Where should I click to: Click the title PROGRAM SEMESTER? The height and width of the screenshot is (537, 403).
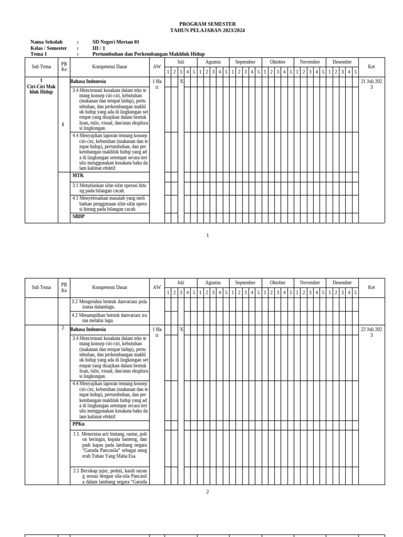pyautogui.click(x=207, y=24)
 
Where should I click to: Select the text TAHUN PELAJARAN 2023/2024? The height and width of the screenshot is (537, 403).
pyautogui.click(x=207, y=30)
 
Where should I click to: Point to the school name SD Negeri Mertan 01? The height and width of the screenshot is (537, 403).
pyautogui.click(x=116, y=42)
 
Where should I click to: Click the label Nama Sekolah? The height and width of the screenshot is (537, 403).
pyautogui.click(x=46, y=42)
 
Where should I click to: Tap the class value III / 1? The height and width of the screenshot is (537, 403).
pyautogui.click(x=99, y=48)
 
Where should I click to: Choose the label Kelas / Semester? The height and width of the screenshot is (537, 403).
pyautogui.click(x=49, y=48)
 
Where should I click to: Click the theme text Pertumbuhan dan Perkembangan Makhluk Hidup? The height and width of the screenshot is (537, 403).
pyautogui.click(x=149, y=54)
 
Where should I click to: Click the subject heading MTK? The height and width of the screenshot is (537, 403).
pyautogui.click(x=78, y=176)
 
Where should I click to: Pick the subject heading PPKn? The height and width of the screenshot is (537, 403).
pyautogui.click(x=79, y=424)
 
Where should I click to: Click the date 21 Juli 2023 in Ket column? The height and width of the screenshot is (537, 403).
pyautogui.click(x=371, y=84)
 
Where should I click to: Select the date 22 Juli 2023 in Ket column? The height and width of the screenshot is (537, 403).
pyautogui.click(x=371, y=332)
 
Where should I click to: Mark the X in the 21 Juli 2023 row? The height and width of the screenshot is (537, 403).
pyautogui.click(x=181, y=81)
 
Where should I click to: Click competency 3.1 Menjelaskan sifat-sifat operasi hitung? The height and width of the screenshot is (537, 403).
pyautogui.click(x=110, y=188)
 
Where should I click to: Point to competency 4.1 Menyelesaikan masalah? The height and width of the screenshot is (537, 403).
pyautogui.click(x=110, y=203)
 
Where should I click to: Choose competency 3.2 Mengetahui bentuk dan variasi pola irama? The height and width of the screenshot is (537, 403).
pyautogui.click(x=110, y=304)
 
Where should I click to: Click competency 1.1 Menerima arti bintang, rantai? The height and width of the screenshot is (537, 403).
pyautogui.click(x=110, y=445)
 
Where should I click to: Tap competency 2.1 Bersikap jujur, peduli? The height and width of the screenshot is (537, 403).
pyautogui.click(x=110, y=476)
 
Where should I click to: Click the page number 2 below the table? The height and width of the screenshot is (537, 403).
pyautogui.click(x=207, y=492)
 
